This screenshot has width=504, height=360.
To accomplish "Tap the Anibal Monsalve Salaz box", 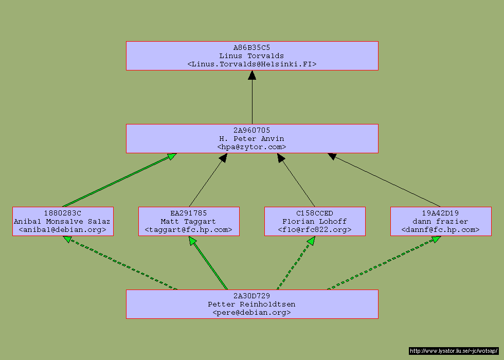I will (x=63, y=222).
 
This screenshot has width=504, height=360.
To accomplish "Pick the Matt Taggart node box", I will (x=189, y=222).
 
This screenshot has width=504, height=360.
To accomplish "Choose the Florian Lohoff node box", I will (x=315, y=222).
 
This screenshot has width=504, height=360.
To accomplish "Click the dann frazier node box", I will (x=441, y=222).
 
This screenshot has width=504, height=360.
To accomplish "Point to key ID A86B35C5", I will (x=252, y=48).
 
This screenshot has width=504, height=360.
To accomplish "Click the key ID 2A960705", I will (x=252, y=131).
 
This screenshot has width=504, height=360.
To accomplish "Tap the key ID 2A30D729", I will (x=252, y=296).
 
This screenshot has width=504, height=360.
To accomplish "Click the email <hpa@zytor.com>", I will (x=252, y=147).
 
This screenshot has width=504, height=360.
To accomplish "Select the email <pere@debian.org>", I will (x=252, y=313).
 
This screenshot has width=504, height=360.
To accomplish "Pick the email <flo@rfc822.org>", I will (x=315, y=230).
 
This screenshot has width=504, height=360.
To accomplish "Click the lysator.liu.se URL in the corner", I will (x=454, y=351).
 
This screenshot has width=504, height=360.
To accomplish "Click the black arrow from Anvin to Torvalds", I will (x=252, y=98).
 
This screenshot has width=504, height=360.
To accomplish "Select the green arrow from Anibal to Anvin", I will (x=118, y=180).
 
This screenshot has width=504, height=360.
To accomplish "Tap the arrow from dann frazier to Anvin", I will (x=386, y=180).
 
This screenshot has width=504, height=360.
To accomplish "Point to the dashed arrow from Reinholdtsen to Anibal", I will (x=121, y=263).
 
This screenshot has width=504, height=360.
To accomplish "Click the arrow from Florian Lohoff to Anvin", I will (x=297, y=180).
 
